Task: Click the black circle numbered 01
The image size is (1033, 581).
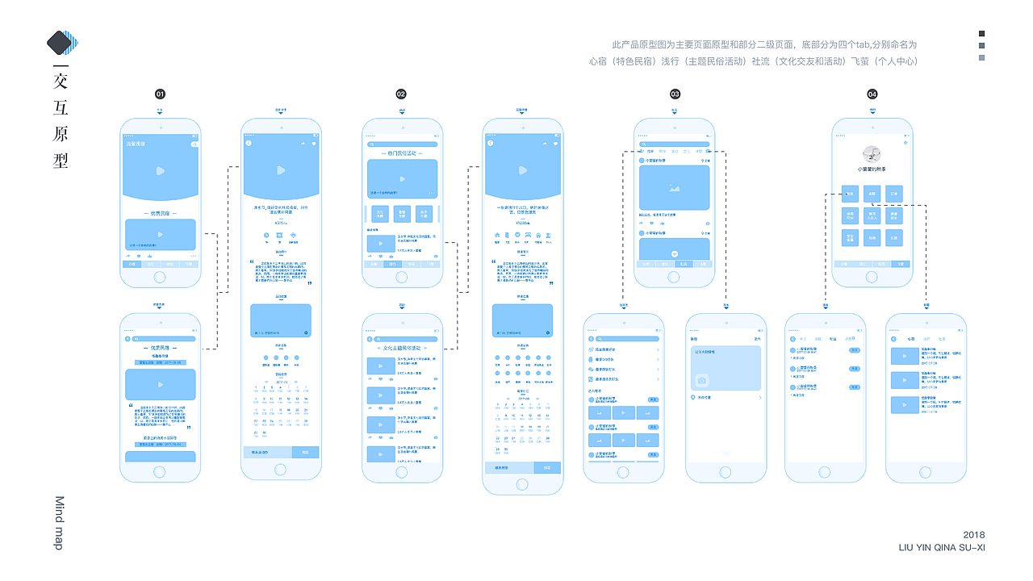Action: tap(160, 94)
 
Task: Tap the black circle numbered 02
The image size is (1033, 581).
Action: tap(401, 94)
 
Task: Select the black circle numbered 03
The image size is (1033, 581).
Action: tap(675, 94)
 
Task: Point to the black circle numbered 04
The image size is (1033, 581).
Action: tap(872, 94)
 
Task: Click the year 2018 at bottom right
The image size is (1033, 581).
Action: tap(974, 535)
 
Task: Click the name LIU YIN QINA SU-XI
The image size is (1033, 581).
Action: tap(942, 548)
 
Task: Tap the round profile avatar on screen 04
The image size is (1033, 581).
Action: tap(872, 154)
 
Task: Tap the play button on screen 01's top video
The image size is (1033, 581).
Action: tap(160, 170)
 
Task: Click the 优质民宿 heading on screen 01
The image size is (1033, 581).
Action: tap(160, 213)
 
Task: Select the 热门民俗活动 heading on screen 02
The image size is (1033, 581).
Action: tap(402, 153)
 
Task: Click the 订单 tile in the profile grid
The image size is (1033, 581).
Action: tap(894, 193)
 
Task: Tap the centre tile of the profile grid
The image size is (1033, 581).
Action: tap(872, 215)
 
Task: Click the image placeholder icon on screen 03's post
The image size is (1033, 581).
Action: tap(674, 187)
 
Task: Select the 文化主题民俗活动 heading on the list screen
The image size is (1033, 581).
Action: tap(402, 348)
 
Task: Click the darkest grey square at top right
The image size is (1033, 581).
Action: tap(981, 34)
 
